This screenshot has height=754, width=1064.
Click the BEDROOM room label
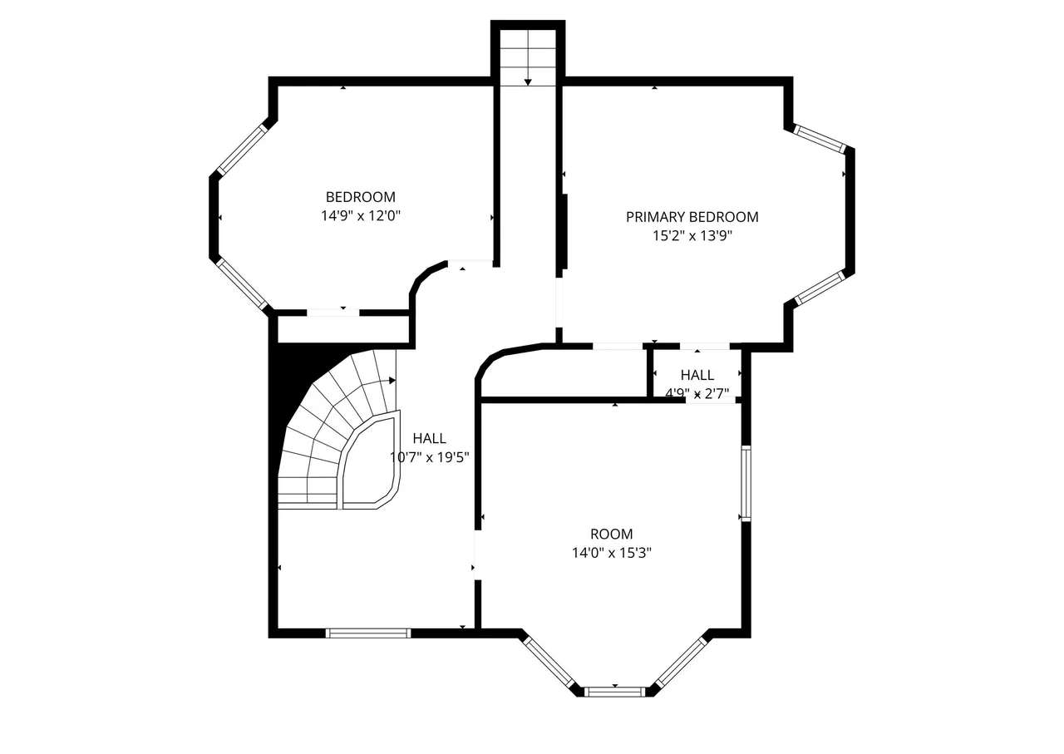pyautogui.click(x=360, y=197)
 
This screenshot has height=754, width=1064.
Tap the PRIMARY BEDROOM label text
pyautogui.click(x=692, y=217)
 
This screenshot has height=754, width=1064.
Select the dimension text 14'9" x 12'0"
pyautogui.click(x=361, y=216)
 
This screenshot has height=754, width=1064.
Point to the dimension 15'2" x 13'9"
pyautogui.click(x=692, y=236)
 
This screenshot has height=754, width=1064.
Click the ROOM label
pyautogui.click(x=611, y=534)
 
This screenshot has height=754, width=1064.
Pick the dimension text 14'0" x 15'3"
pyautogui.click(x=611, y=553)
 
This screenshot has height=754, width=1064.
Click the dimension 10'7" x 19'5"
pyautogui.click(x=430, y=457)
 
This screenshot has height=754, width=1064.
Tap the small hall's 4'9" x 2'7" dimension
pyautogui.click(x=697, y=393)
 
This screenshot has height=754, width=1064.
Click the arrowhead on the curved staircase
pyautogui.click(x=392, y=380)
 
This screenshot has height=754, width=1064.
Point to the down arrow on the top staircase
pyautogui.click(x=528, y=82)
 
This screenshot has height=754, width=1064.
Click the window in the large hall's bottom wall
pyautogui.click(x=368, y=633)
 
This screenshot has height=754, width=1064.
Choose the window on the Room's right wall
pyautogui.click(x=746, y=483)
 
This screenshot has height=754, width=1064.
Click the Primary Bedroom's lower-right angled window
pyautogui.click(x=820, y=288)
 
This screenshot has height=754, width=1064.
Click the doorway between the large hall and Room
pyautogui.click(x=478, y=554)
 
